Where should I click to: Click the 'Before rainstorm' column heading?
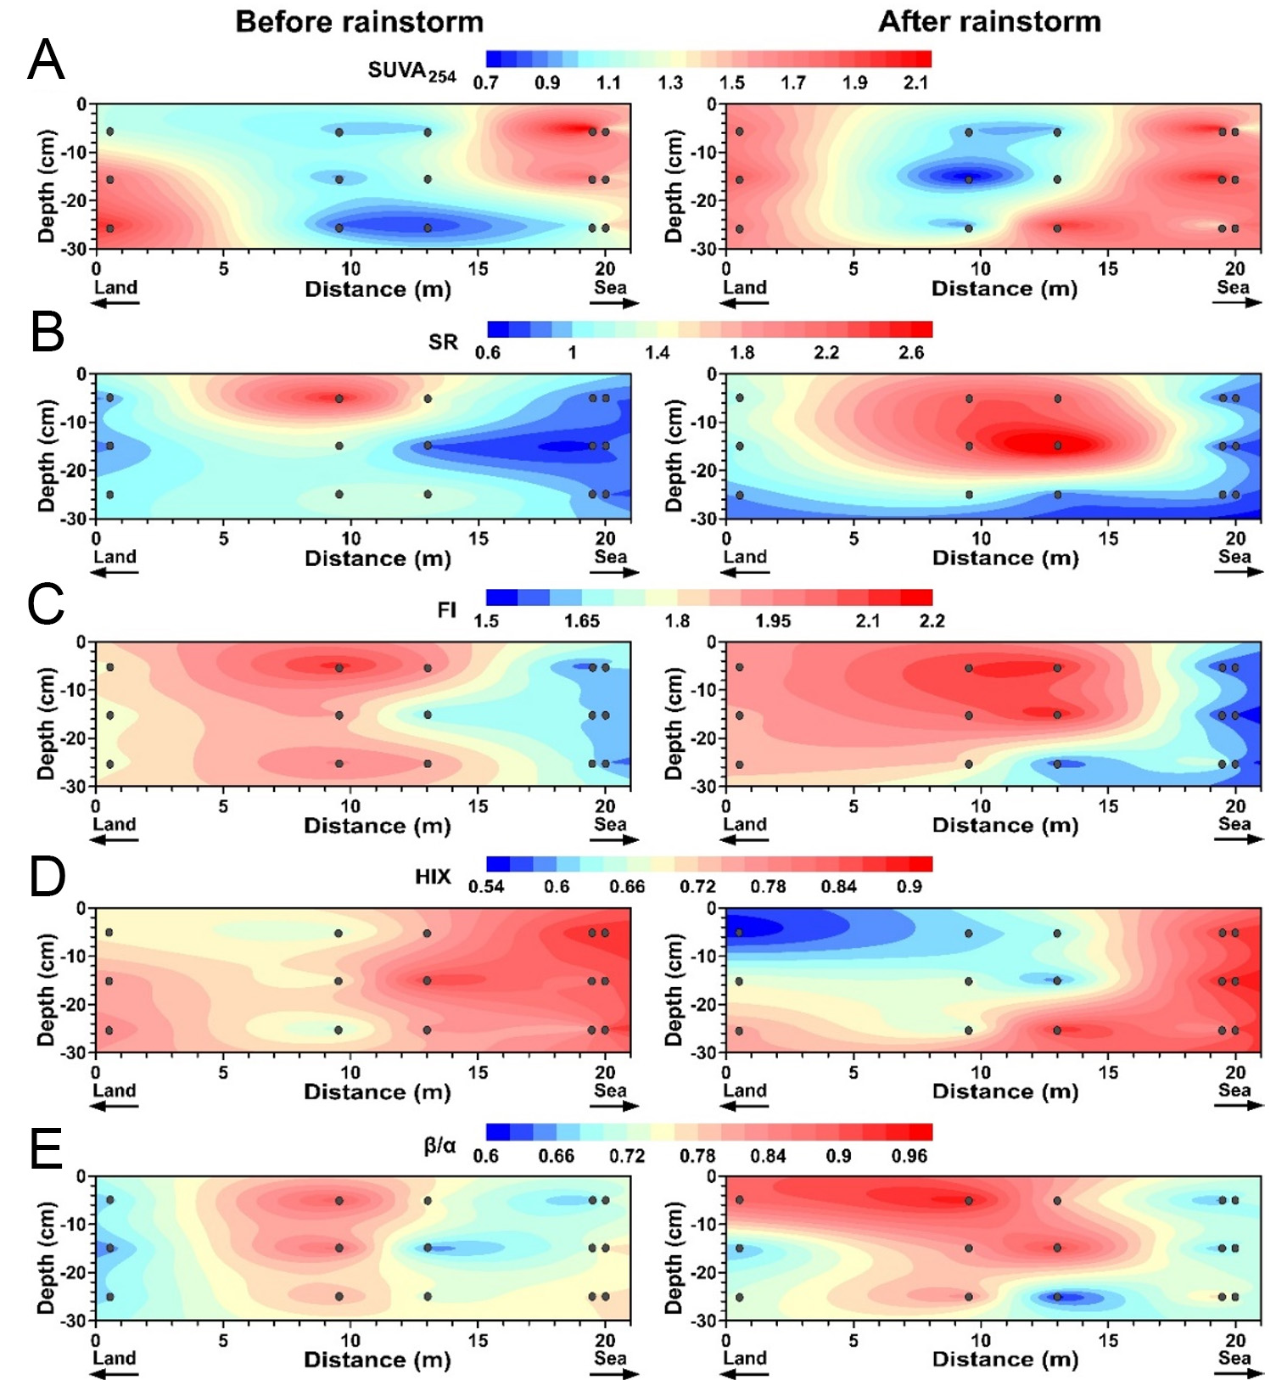click(359, 21)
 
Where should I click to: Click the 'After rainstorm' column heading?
click(989, 21)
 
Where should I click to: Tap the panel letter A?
click(46, 60)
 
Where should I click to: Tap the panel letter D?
click(47, 877)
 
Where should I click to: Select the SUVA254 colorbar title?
click(411, 71)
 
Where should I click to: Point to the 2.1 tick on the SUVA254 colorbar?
click(915, 83)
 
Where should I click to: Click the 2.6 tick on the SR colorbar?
click(910, 352)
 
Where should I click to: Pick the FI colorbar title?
click(446, 609)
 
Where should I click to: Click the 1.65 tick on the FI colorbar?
click(582, 621)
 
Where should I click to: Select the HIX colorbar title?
click(433, 877)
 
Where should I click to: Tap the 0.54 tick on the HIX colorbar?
click(486, 887)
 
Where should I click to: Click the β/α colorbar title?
click(439, 1146)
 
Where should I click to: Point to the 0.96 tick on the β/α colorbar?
click(909, 1156)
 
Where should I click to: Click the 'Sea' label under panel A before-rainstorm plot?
click(610, 288)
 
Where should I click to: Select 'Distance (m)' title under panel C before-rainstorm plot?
click(378, 826)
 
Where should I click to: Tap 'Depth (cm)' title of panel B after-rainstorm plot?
click(674, 455)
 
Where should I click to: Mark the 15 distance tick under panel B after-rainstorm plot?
click(1108, 538)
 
